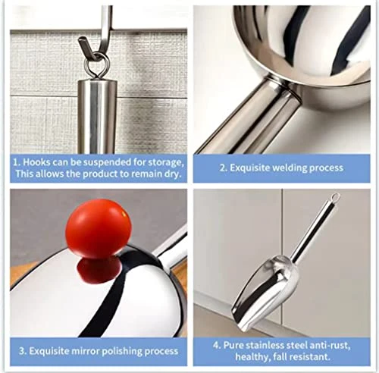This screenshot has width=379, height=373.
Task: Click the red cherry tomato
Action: pyautogui.click(x=98, y=228)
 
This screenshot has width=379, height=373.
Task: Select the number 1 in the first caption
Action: pyautogui.click(x=14, y=161)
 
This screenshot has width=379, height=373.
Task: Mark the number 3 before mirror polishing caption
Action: pyautogui.click(x=20, y=351)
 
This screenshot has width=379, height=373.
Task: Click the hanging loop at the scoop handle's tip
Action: pyautogui.click(x=334, y=198)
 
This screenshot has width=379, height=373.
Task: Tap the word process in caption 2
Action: pyautogui.click(x=324, y=168)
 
